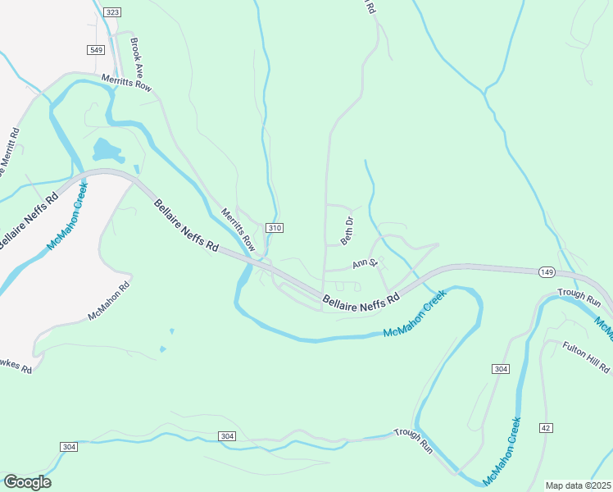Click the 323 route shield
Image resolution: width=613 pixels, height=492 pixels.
(112, 12)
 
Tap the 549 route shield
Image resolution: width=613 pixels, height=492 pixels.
(97, 50)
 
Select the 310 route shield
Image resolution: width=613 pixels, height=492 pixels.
(275, 227)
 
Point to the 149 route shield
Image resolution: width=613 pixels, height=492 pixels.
(547, 271)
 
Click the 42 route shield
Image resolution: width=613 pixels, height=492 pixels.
(546, 427)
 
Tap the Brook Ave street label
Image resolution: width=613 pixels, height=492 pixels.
(137, 55)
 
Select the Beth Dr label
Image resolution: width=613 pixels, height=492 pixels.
(347, 231)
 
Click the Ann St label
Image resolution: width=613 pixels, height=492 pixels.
(364, 264)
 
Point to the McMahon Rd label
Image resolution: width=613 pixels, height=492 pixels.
(109, 301)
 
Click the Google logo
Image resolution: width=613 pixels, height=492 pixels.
(27, 482)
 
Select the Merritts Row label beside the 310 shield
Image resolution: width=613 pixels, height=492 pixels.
(238, 230)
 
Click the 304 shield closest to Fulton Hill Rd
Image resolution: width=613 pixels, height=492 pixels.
(502, 370)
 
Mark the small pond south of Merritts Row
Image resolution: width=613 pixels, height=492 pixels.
(107, 150)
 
